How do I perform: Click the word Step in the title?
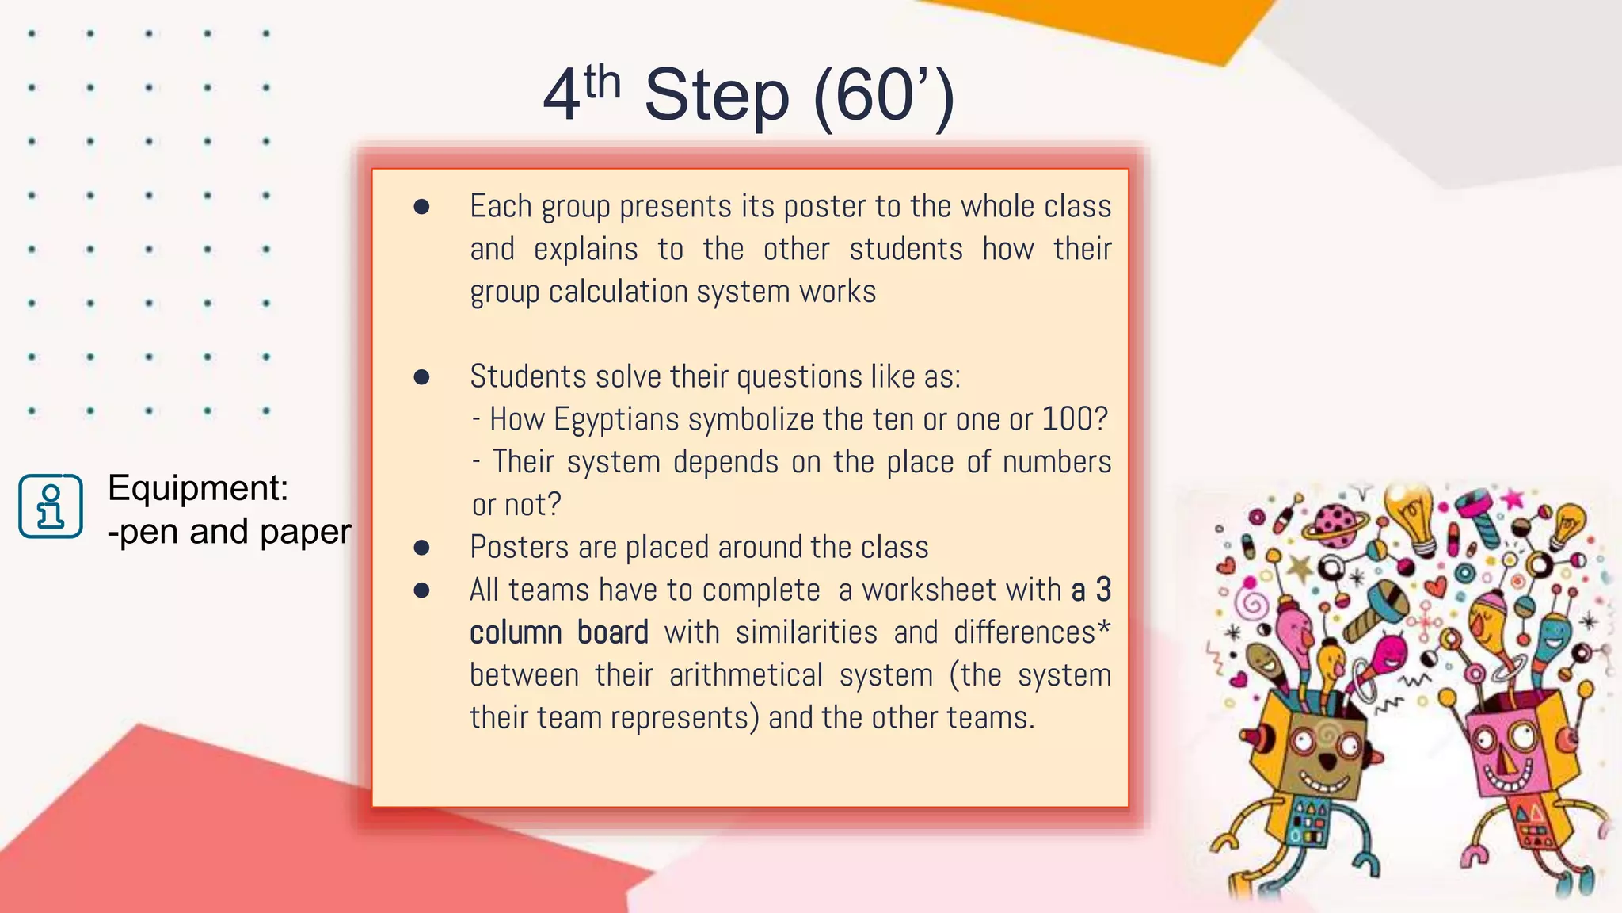tap(717, 97)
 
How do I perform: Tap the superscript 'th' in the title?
tap(602, 82)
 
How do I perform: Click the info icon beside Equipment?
tap(51, 506)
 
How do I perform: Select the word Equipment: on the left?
tap(198, 487)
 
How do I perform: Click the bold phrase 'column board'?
tap(558, 633)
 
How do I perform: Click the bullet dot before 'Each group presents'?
tap(421, 208)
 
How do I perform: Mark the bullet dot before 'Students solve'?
tap(421, 377)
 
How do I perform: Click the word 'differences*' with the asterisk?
tap(1032, 633)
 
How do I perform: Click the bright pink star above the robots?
tap(1513, 499)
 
